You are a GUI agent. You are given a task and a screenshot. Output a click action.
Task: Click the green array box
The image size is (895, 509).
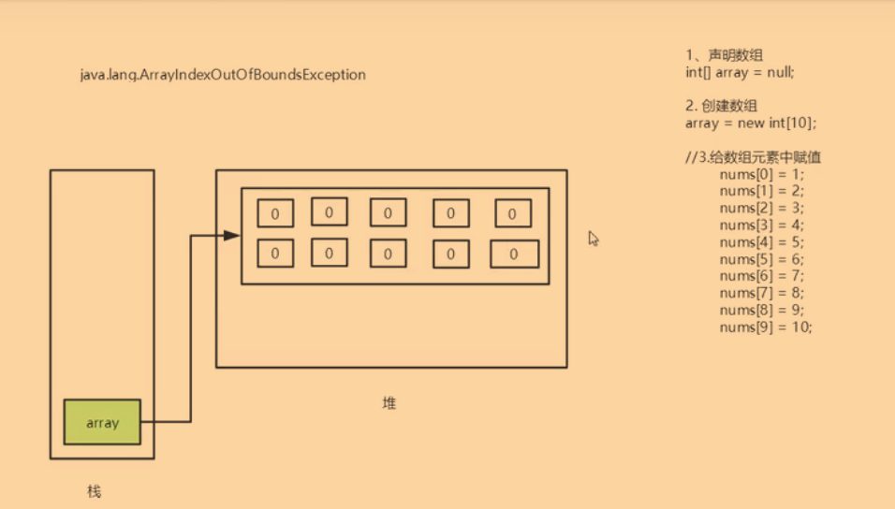coord(102,422)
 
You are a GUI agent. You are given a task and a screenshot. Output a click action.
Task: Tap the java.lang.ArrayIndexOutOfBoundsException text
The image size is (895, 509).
coord(223,74)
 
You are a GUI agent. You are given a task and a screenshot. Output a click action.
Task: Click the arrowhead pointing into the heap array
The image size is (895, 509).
coord(232,235)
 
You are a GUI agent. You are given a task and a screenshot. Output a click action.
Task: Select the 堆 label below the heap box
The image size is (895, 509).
coord(389,403)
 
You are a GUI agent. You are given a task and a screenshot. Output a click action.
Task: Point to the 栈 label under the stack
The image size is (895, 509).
coord(94,491)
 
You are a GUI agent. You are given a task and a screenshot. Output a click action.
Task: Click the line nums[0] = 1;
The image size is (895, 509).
coord(762,175)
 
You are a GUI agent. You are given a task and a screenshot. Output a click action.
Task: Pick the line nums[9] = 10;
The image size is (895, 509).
coord(766,327)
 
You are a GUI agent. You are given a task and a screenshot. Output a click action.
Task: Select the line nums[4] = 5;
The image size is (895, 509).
coord(762,242)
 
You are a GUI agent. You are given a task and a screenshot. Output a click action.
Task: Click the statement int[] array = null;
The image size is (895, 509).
coord(740,72)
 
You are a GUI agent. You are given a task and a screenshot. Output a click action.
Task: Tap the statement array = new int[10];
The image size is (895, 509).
coord(750,123)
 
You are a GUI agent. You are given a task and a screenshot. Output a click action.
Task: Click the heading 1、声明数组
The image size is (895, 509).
coord(724,56)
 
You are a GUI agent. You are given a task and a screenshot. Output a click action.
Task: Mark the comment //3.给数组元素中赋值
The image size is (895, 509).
coord(753,157)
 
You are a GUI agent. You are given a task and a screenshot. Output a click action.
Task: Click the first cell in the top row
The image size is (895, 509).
coord(275,213)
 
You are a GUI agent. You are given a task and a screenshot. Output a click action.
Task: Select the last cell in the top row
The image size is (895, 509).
coord(513,213)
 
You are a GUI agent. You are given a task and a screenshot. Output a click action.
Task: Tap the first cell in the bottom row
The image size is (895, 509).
coord(275,253)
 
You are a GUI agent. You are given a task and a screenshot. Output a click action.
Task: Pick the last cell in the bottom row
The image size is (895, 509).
coord(514,254)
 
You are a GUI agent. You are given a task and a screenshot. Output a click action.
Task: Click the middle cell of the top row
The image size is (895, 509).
coord(388,212)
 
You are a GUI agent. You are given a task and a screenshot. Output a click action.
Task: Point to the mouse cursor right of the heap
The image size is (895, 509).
coord(593,238)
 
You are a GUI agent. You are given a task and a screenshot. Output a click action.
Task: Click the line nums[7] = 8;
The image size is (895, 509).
coord(762,293)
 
